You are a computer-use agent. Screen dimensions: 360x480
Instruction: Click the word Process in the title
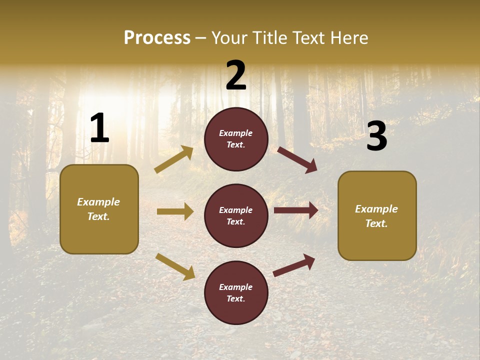point(157,38)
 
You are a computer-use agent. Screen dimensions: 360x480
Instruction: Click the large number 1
point(99,129)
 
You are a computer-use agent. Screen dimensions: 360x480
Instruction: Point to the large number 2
point(236,76)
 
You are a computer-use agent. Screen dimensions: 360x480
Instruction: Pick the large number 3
point(376,136)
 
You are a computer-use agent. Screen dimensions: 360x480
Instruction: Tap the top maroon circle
point(236,139)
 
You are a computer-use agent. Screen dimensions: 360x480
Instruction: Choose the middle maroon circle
point(236,215)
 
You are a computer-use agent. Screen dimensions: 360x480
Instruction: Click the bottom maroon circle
point(236,292)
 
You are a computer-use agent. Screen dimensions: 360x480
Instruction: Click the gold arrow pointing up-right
point(174,159)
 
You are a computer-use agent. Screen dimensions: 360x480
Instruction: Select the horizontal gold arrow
point(175,211)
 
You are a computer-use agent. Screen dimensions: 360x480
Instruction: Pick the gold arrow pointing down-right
point(175,266)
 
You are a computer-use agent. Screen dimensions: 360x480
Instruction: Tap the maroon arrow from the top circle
point(297,159)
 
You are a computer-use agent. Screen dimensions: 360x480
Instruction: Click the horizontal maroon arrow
point(296,210)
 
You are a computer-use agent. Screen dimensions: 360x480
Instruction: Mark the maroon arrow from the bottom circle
point(294,265)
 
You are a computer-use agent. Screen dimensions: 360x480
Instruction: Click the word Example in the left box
point(98,202)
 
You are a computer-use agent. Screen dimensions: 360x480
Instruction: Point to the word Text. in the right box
point(376,223)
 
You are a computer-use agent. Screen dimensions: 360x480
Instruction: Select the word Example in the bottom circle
point(236,287)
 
